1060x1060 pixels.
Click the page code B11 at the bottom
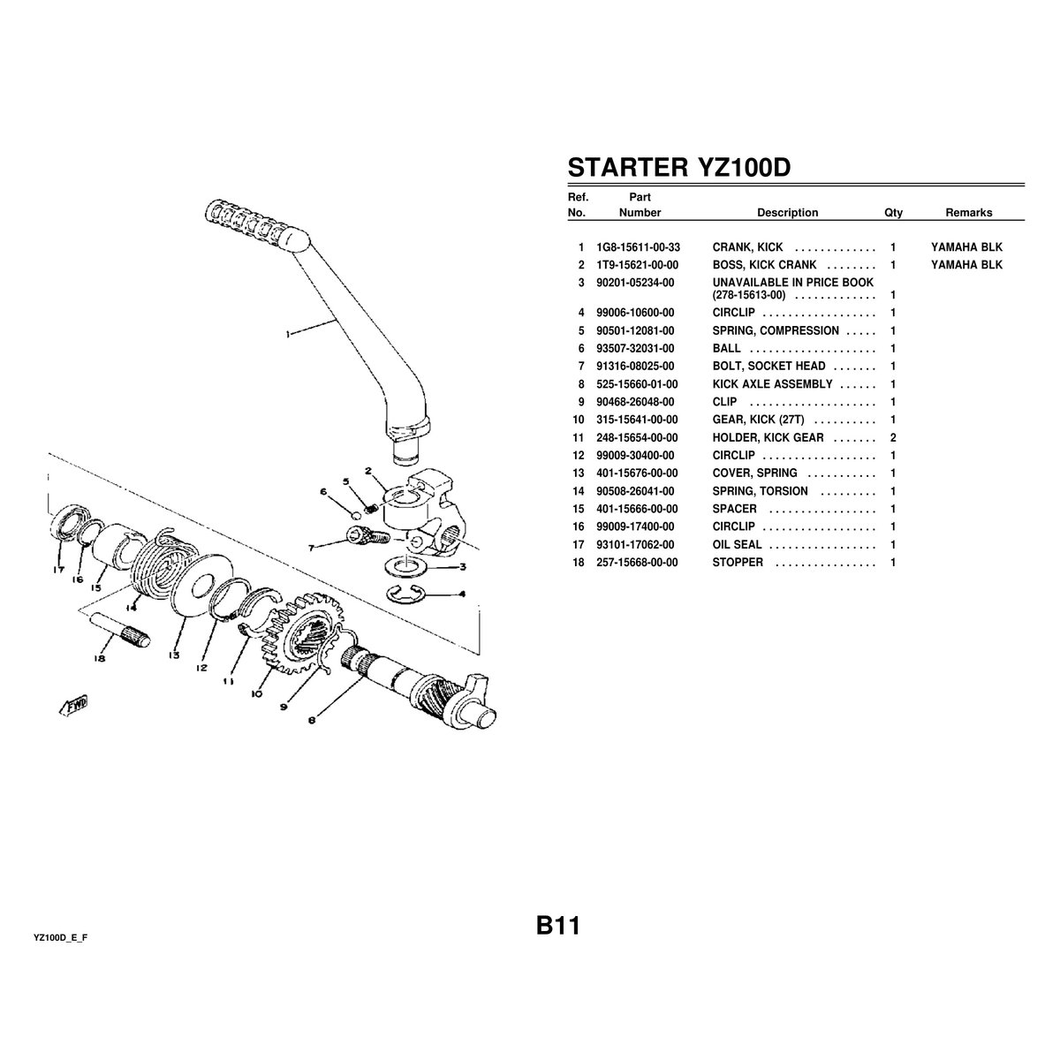coord(557,926)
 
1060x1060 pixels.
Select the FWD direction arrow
coord(73,706)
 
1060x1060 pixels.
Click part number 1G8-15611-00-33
coord(638,247)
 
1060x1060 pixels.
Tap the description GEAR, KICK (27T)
coord(758,420)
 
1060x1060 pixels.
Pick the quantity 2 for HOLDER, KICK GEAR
coord(893,438)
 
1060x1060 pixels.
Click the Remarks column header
coord(969,213)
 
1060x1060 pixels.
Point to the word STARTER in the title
coord(628,167)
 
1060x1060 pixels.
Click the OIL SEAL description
coord(737,545)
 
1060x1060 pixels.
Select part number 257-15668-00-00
coord(637,563)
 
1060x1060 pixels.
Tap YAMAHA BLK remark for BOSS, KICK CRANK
coord(966,265)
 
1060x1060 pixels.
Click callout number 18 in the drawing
coord(100,658)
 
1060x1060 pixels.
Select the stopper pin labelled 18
coord(119,630)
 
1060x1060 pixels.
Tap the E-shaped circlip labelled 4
coord(407,594)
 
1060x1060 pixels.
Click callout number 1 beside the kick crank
coord(288,334)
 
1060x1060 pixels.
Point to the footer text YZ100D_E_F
coord(61,938)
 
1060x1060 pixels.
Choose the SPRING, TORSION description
coord(761,491)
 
